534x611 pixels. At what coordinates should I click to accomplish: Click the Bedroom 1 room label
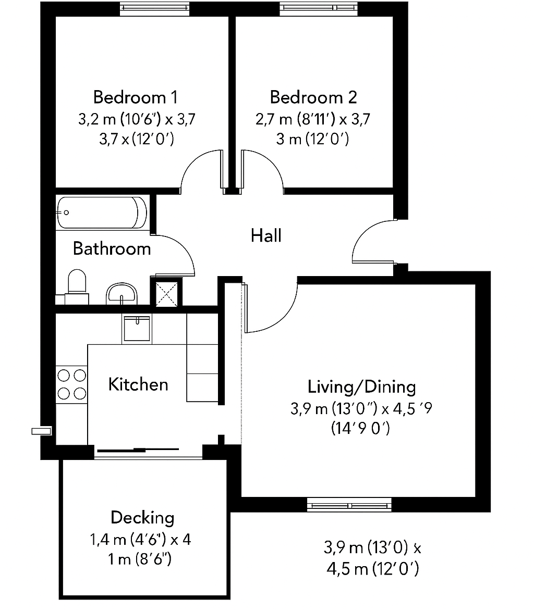pyautogui.click(x=136, y=97)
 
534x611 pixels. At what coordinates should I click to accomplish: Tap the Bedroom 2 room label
pyautogui.click(x=313, y=97)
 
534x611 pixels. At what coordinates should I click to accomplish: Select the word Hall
pyautogui.click(x=266, y=235)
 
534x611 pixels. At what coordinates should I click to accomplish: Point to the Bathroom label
pyautogui.click(x=112, y=248)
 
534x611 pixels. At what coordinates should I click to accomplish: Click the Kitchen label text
pyautogui.click(x=138, y=384)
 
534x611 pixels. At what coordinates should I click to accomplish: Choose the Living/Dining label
pyautogui.click(x=362, y=387)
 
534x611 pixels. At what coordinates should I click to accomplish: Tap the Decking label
pyautogui.click(x=142, y=518)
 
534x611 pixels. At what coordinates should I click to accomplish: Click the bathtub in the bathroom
pyautogui.click(x=102, y=212)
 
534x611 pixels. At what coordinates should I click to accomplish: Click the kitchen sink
pyautogui.click(x=137, y=328)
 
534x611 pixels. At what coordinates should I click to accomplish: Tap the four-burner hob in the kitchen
pyautogui.click(x=71, y=384)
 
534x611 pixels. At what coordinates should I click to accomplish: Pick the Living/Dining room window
pyautogui.click(x=348, y=504)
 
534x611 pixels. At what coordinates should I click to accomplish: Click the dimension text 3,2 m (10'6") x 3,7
pyautogui.click(x=137, y=119)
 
